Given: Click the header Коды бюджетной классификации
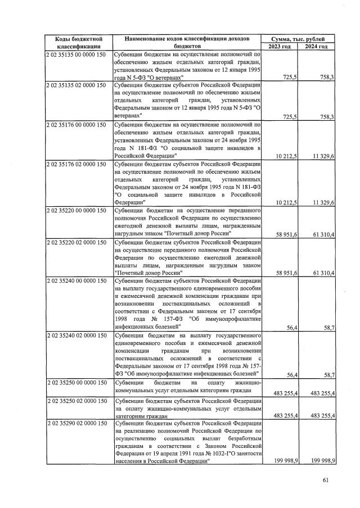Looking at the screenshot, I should pos(78,42).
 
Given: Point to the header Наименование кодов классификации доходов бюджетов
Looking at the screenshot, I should pos(187,42).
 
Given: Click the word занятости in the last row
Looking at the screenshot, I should pos(244,452).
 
